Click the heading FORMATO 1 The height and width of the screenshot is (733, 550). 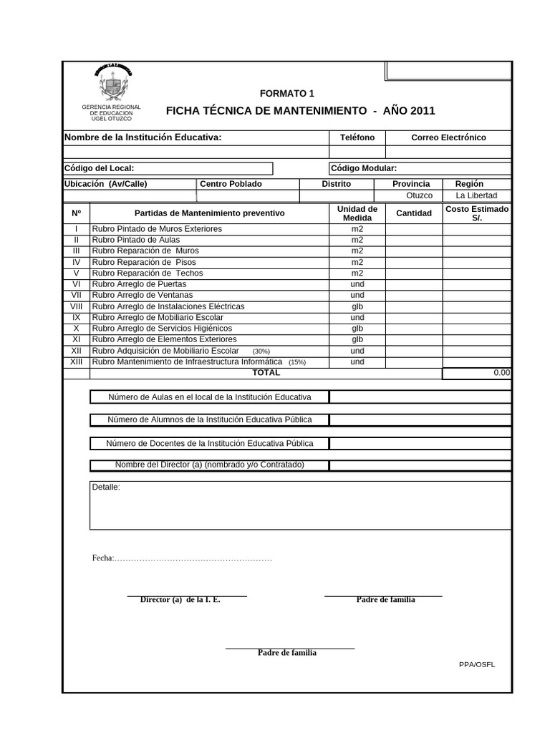(x=286, y=94)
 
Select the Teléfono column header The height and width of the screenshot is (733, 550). (x=357, y=137)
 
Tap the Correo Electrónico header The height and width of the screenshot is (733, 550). (x=448, y=137)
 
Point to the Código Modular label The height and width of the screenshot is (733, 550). (x=364, y=168)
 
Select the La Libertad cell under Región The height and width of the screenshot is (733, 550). (x=476, y=195)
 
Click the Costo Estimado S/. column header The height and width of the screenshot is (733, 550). (x=477, y=213)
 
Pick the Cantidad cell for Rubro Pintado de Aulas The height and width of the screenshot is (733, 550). (x=414, y=240)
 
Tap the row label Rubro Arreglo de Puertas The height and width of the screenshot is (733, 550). (x=139, y=284)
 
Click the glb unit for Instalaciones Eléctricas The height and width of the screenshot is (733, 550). (x=357, y=306)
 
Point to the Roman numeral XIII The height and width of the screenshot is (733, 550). (x=77, y=362)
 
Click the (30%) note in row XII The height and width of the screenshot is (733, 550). (x=261, y=351)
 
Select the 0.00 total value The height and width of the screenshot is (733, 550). (x=501, y=373)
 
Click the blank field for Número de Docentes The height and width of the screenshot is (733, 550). (x=420, y=443)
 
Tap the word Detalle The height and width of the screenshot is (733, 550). (x=106, y=487)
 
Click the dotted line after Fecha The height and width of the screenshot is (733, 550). (x=193, y=559)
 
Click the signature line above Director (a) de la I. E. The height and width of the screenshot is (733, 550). (x=187, y=596)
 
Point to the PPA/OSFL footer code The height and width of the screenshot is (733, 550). (x=477, y=664)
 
